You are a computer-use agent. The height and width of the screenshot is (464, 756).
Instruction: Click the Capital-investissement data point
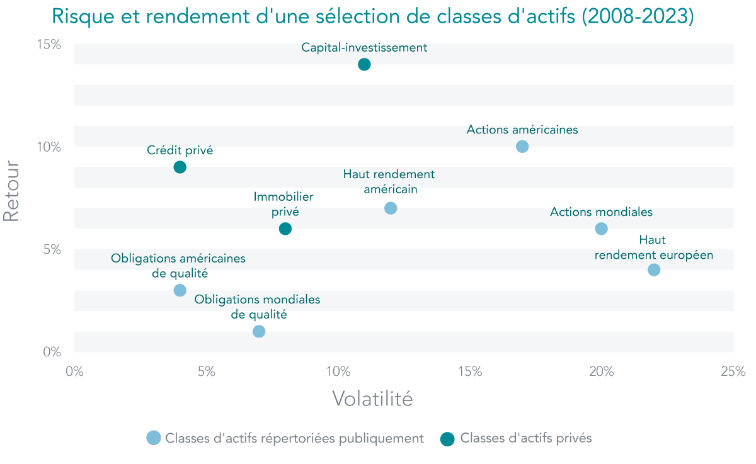tap(364, 64)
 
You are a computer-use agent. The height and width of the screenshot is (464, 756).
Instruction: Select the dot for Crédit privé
tap(180, 167)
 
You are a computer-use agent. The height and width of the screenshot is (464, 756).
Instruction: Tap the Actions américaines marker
tap(522, 147)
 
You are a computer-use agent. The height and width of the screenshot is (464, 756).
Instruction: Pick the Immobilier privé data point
tap(285, 229)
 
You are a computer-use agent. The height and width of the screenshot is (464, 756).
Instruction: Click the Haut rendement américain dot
tap(391, 208)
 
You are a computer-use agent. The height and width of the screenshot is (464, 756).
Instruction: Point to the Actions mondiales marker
tap(601, 229)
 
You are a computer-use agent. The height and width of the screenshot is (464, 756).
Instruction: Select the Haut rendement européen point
tap(654, 269)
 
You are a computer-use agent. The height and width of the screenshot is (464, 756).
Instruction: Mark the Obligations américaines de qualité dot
tap(180, 290)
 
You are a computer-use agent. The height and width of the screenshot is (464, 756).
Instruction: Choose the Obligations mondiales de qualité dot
tap(259, 331)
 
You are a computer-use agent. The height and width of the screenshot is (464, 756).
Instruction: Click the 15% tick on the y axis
tap(49, 45)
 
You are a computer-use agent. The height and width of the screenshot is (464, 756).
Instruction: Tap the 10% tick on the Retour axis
tap(49, 147)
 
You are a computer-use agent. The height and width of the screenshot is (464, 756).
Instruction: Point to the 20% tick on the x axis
tap(601, 371)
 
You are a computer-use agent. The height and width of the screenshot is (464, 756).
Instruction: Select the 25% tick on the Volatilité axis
tap(733, 371)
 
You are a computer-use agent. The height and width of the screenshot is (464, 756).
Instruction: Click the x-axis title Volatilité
tap(372, 399)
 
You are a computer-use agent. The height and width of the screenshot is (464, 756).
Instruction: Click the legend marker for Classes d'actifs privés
tap(447, 439)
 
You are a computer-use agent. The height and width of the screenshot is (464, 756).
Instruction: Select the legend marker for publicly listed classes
tap(153, 439)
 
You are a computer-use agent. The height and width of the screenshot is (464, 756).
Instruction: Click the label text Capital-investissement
tap(364, 47)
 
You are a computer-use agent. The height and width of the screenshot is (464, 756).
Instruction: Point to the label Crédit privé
tap(180, 150)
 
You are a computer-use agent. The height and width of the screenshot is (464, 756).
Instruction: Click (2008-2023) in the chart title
tap(637, 16)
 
